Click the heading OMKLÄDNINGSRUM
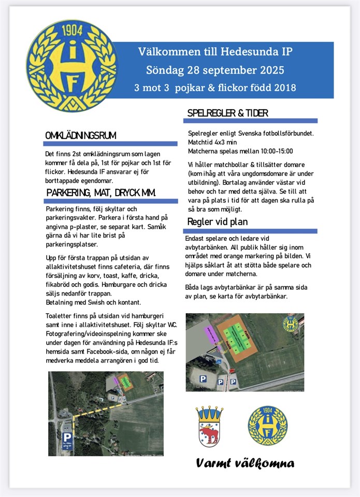80,136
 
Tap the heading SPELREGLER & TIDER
227,113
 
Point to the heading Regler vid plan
218,222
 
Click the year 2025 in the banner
267,70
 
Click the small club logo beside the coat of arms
267,425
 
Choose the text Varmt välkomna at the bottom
245,463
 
